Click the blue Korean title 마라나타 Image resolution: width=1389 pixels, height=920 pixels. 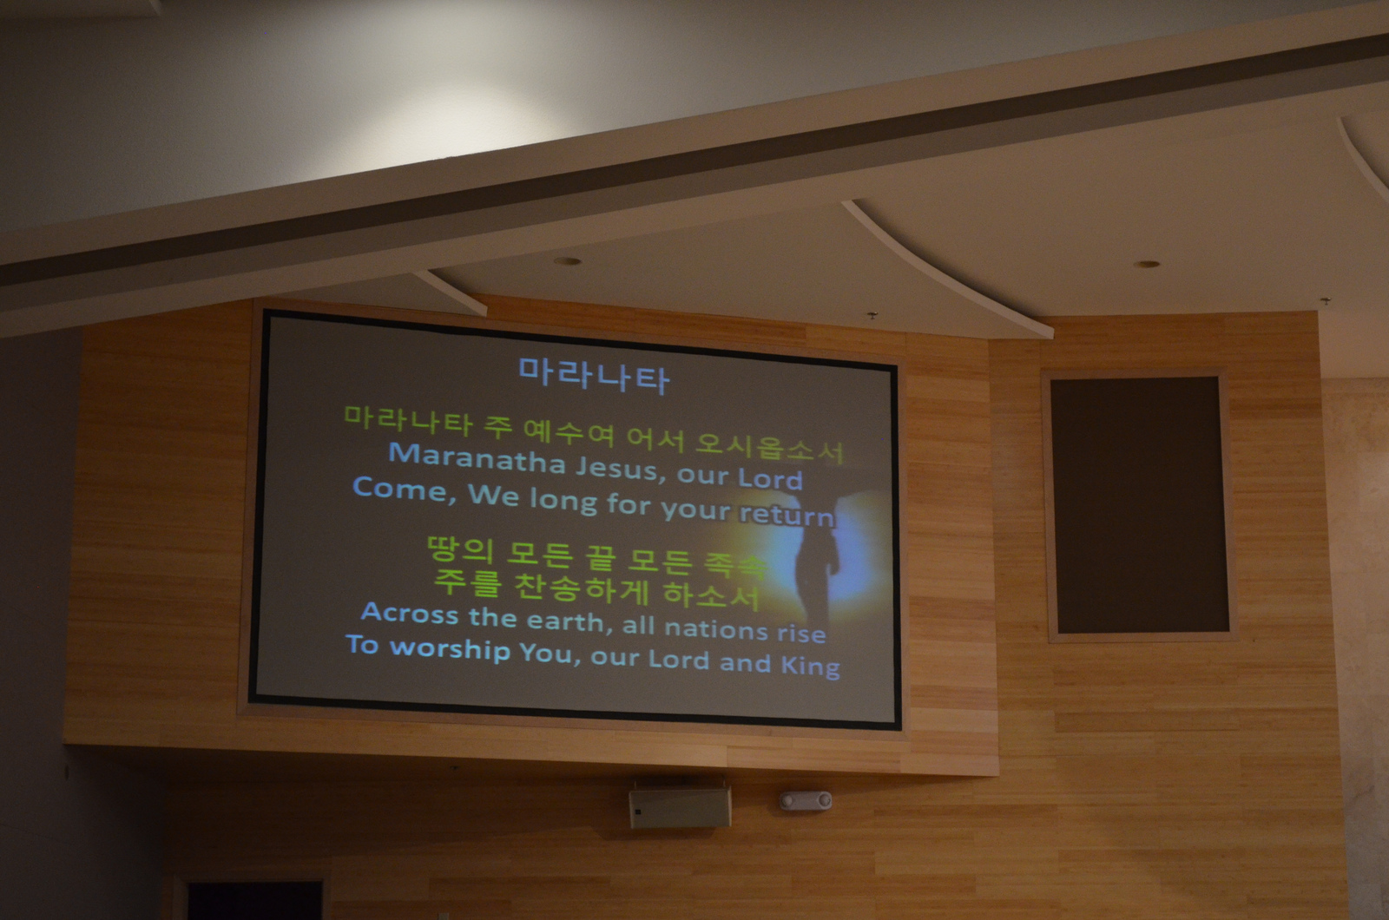click(594, 376)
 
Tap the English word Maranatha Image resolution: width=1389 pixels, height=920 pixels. click(477, 459)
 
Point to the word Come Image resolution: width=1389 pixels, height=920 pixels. click(400, 490)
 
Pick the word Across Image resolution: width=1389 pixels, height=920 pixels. click(410, 613)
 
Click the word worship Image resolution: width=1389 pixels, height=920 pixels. click(451, 649)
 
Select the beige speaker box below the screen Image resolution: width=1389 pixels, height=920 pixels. click(680, 807)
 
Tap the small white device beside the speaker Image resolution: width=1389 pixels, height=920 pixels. click(806, 800)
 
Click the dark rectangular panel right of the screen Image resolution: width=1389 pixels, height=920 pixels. click(1139, 504)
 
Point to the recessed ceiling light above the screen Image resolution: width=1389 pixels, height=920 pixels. click(568, 261)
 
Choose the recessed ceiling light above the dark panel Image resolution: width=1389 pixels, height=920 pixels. click(1147, 264)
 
